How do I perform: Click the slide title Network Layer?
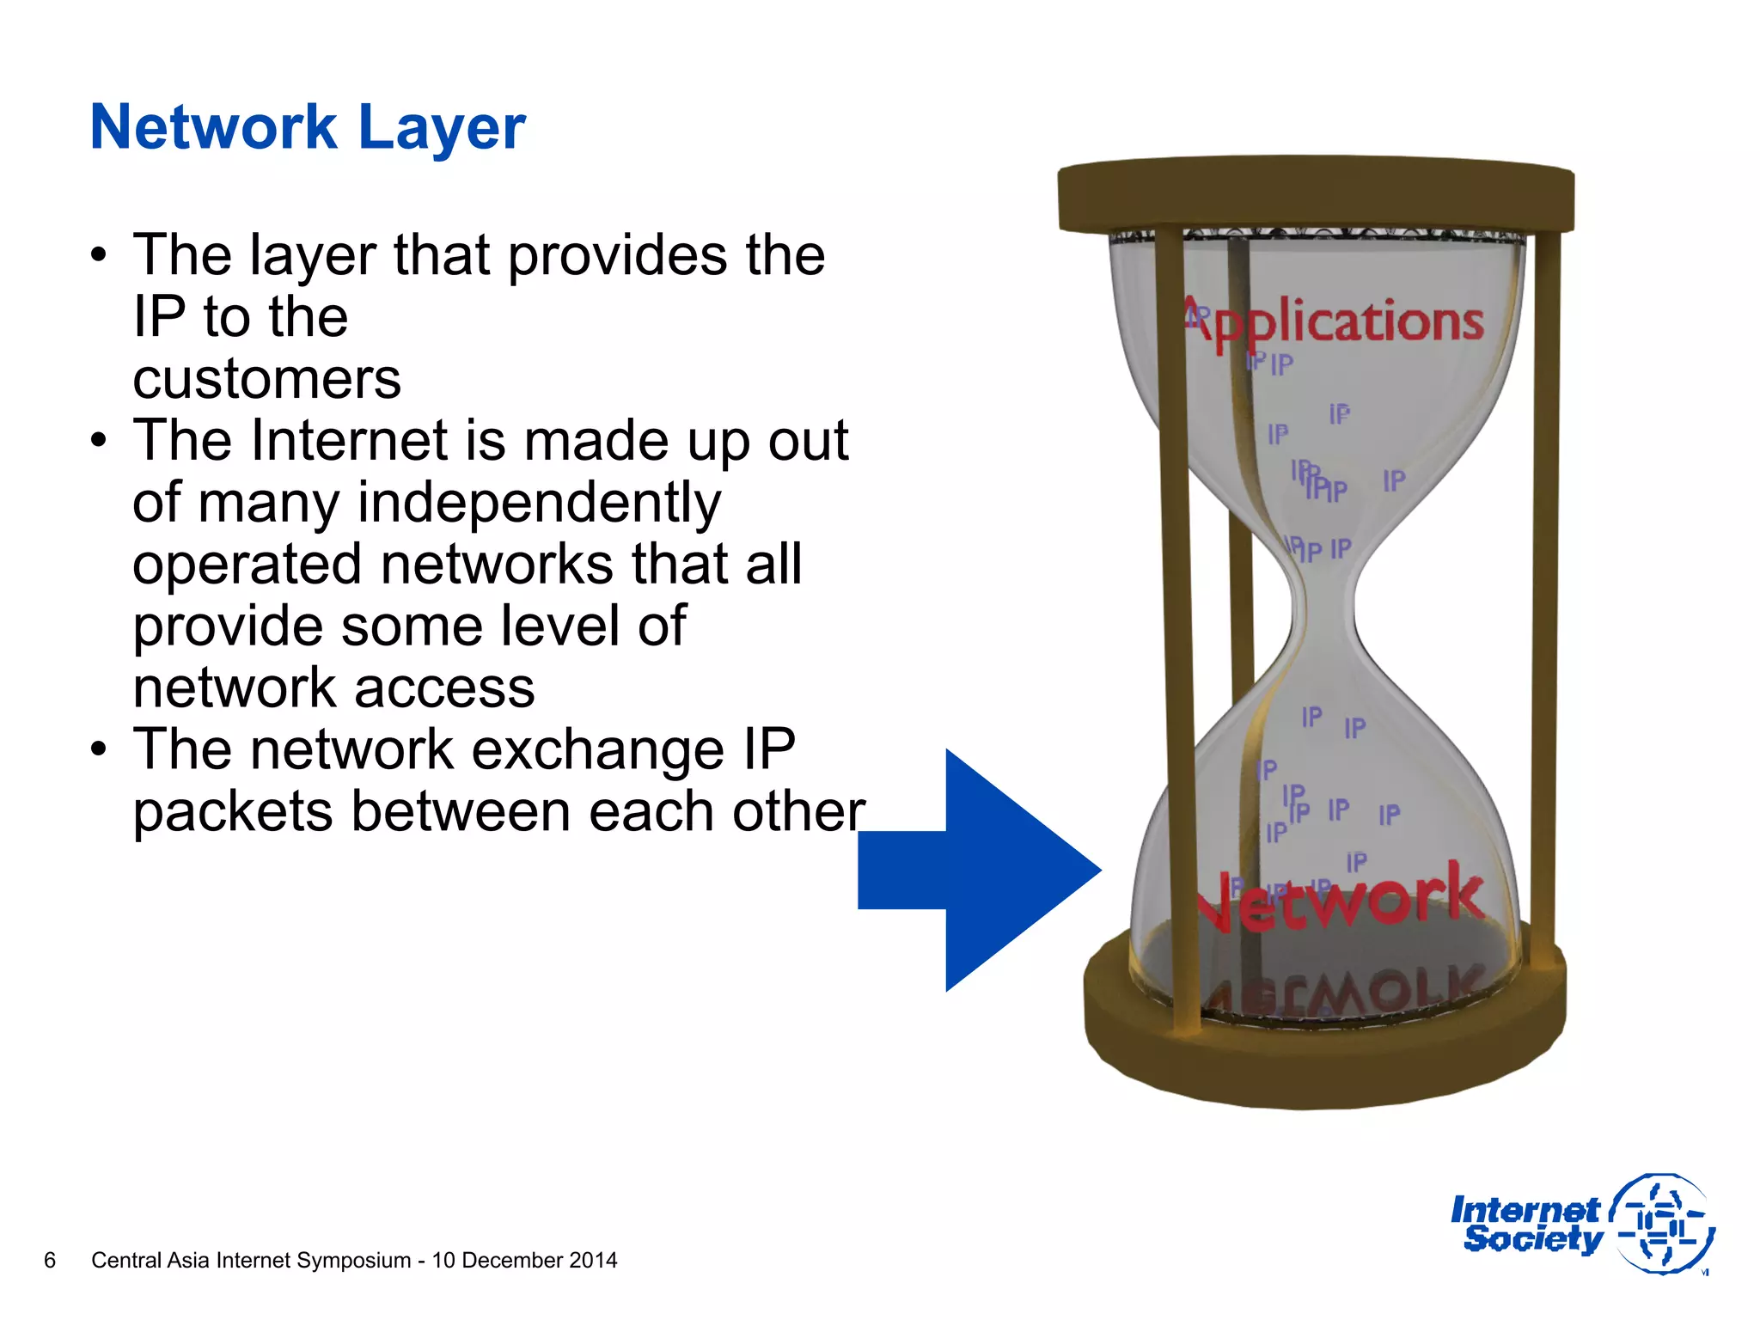pos(307,127)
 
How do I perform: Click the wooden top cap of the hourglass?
pos(1315,192)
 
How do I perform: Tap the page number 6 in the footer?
pos(50,1260)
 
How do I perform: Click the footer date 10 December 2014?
pos(524,1260)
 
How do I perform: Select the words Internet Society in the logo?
pos(1525,1225)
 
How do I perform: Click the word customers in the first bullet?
pos(266,378)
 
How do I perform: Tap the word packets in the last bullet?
pos(232,811)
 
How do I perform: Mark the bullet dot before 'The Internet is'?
pos(99,440)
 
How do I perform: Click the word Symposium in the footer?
pos(353,1260)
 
